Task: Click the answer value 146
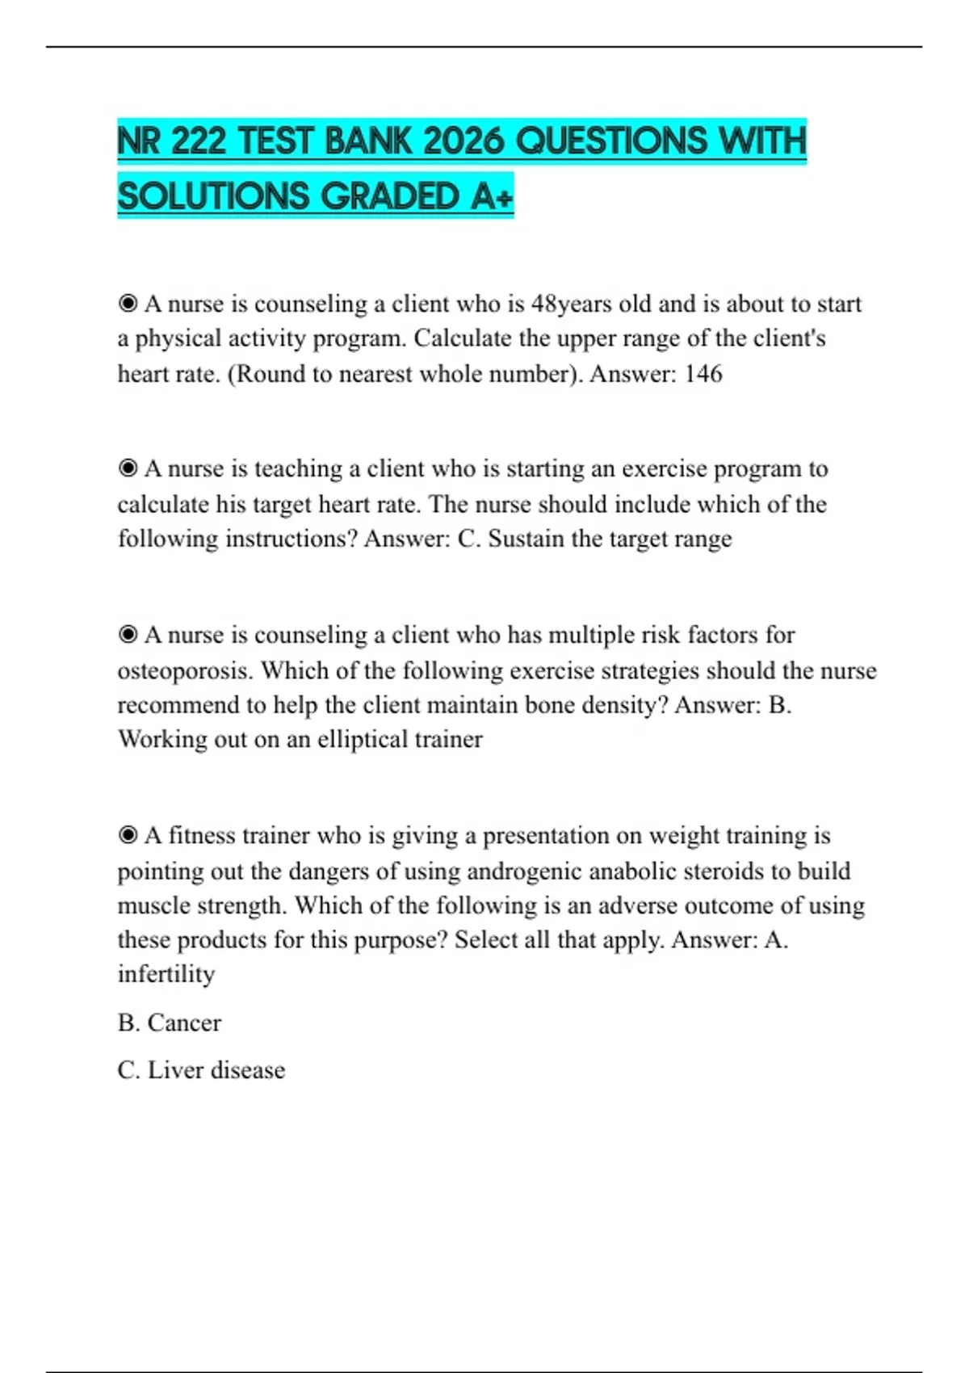[703, 374]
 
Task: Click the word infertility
[166, 974]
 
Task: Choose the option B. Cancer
[169, 1022]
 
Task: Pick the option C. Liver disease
[201, 1070]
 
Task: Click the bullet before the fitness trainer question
[128, 835]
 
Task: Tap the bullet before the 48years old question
[128, 304]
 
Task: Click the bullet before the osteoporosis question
[128, 635]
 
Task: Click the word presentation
[546, 835]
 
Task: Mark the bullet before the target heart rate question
[128, 468]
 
